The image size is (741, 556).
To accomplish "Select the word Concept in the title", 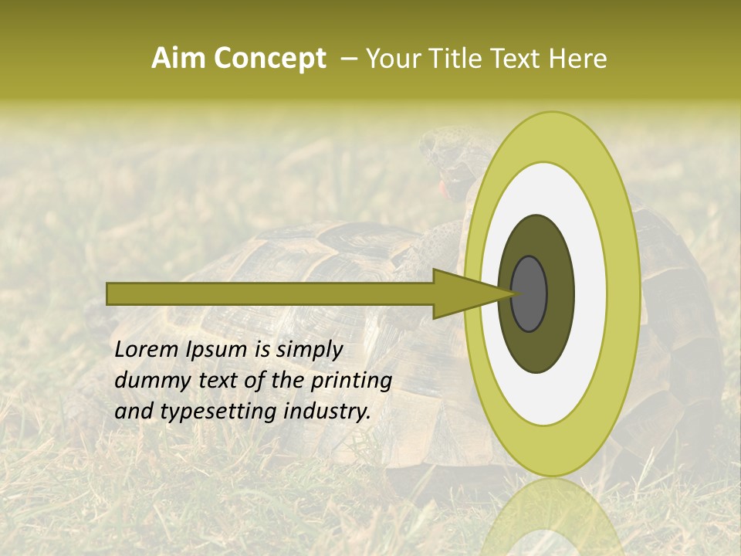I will (269, 59).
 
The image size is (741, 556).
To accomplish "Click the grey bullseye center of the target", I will (529, 293).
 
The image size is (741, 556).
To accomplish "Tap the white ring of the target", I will (590, 293).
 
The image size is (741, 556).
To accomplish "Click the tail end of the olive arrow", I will (110, 293).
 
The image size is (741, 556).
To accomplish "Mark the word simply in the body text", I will (309, 351).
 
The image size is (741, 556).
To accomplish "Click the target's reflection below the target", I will (553, 517).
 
